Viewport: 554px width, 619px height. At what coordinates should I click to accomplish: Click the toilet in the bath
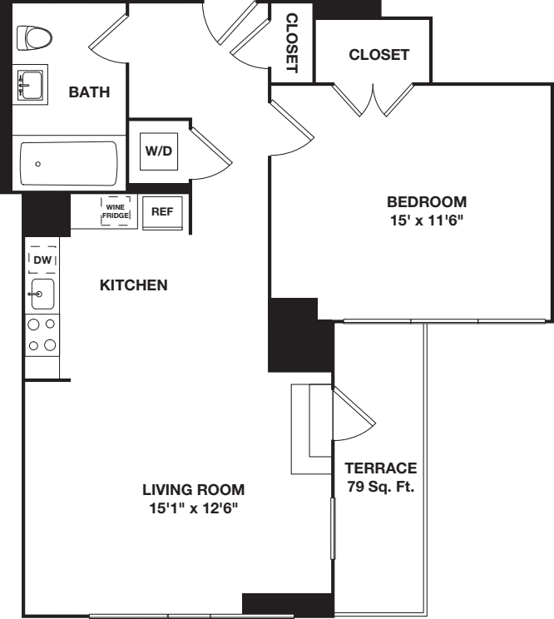pos(33,37)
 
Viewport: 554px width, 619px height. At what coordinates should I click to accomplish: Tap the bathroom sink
pos(32,85)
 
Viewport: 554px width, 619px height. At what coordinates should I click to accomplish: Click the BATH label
pos(89,92)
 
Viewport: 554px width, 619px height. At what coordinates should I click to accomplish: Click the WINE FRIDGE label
pos(115,211)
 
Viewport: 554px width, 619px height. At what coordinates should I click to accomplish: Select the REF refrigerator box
pos(161,211)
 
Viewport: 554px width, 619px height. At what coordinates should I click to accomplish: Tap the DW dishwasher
pos(42,260)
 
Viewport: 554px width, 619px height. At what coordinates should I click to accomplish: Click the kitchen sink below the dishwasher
pos(41,294)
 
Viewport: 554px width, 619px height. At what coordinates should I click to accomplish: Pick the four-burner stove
pos(42,334)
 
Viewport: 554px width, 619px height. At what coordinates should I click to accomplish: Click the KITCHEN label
pos(134,285)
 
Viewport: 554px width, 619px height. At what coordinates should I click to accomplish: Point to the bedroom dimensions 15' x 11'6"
pos(427,220)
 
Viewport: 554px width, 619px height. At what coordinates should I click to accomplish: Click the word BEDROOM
pos(427,201)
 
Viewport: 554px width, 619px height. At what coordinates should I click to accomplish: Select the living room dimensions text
pos(193,508)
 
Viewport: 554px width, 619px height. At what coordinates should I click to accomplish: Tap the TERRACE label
pos(382,468)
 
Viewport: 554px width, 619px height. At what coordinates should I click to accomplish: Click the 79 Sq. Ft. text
pos(382,487)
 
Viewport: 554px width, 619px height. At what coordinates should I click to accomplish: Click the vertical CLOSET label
pos(291,43)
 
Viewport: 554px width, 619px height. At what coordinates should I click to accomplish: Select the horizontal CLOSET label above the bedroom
pos(378,55)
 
